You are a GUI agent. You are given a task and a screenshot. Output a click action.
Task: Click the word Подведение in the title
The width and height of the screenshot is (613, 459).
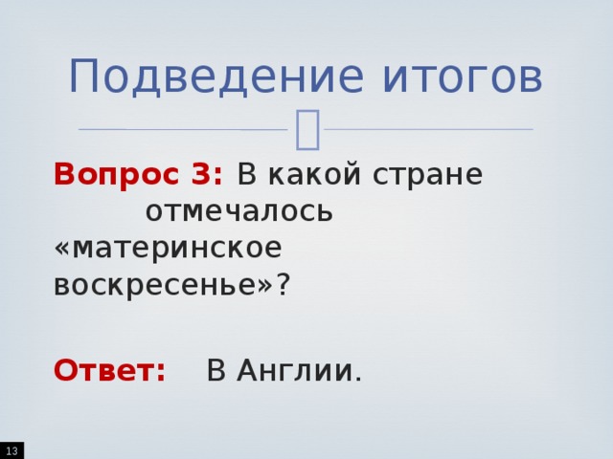[188, 76]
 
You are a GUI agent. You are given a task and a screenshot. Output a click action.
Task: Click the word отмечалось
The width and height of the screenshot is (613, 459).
[239, 211]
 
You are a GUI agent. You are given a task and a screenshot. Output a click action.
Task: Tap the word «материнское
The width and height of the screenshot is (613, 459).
[169, 247]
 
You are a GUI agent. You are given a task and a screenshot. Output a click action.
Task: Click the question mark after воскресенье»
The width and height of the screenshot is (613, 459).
[283, 283]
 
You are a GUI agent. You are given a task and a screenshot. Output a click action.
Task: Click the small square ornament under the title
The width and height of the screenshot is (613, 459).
[307, 130]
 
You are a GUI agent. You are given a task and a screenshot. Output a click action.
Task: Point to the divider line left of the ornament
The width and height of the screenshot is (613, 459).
[182, 129]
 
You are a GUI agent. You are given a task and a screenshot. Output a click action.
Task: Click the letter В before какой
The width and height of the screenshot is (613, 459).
[246, 176]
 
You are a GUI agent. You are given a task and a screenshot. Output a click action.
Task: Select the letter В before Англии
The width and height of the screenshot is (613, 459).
[216, 370]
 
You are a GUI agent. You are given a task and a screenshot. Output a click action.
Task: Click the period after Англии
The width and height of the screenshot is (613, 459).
[358, 377]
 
